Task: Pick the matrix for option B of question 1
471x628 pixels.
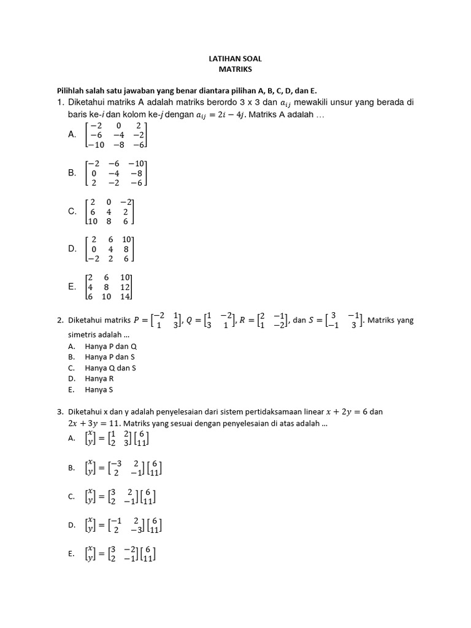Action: pos(117,174)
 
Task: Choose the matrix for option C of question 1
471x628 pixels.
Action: pos(110,212)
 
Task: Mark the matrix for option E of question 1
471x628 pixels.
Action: pos(110,287)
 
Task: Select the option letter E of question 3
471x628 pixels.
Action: pos(71,554)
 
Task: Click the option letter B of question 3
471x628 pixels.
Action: pos(71,468)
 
